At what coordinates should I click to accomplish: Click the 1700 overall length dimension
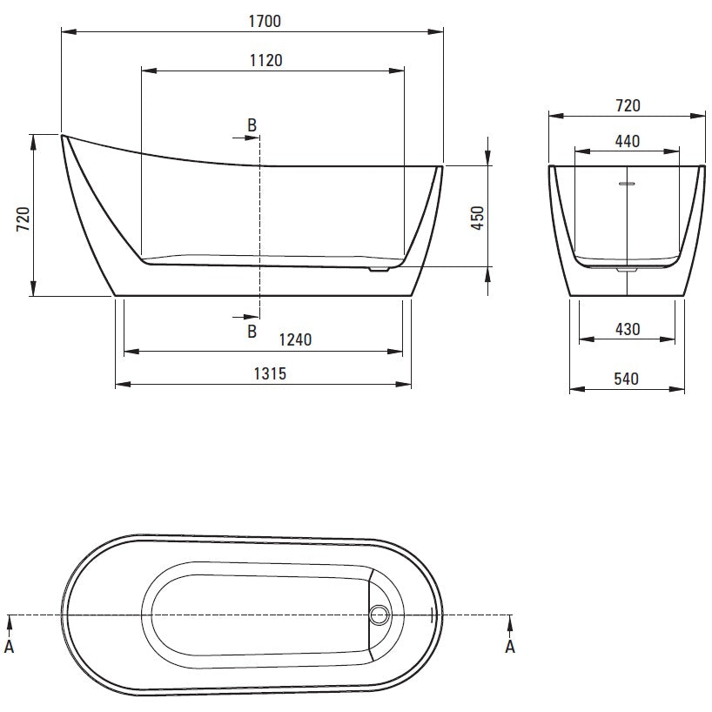[x=265, y=22]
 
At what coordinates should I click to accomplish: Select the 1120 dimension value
[x=266, y=60]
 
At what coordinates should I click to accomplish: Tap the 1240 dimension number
[x=295, y=339]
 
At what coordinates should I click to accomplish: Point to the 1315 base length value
[x=270, y=373]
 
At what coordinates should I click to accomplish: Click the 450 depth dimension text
[x=478, y=218]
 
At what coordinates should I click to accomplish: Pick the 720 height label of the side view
[x=24, y=218]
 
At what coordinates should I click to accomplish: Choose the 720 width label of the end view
[x=628, y=106]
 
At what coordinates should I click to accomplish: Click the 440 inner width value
[x=628, y=141]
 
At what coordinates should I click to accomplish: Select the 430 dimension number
[x=628, y=329]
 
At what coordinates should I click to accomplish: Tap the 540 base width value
[x=626, y=379]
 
